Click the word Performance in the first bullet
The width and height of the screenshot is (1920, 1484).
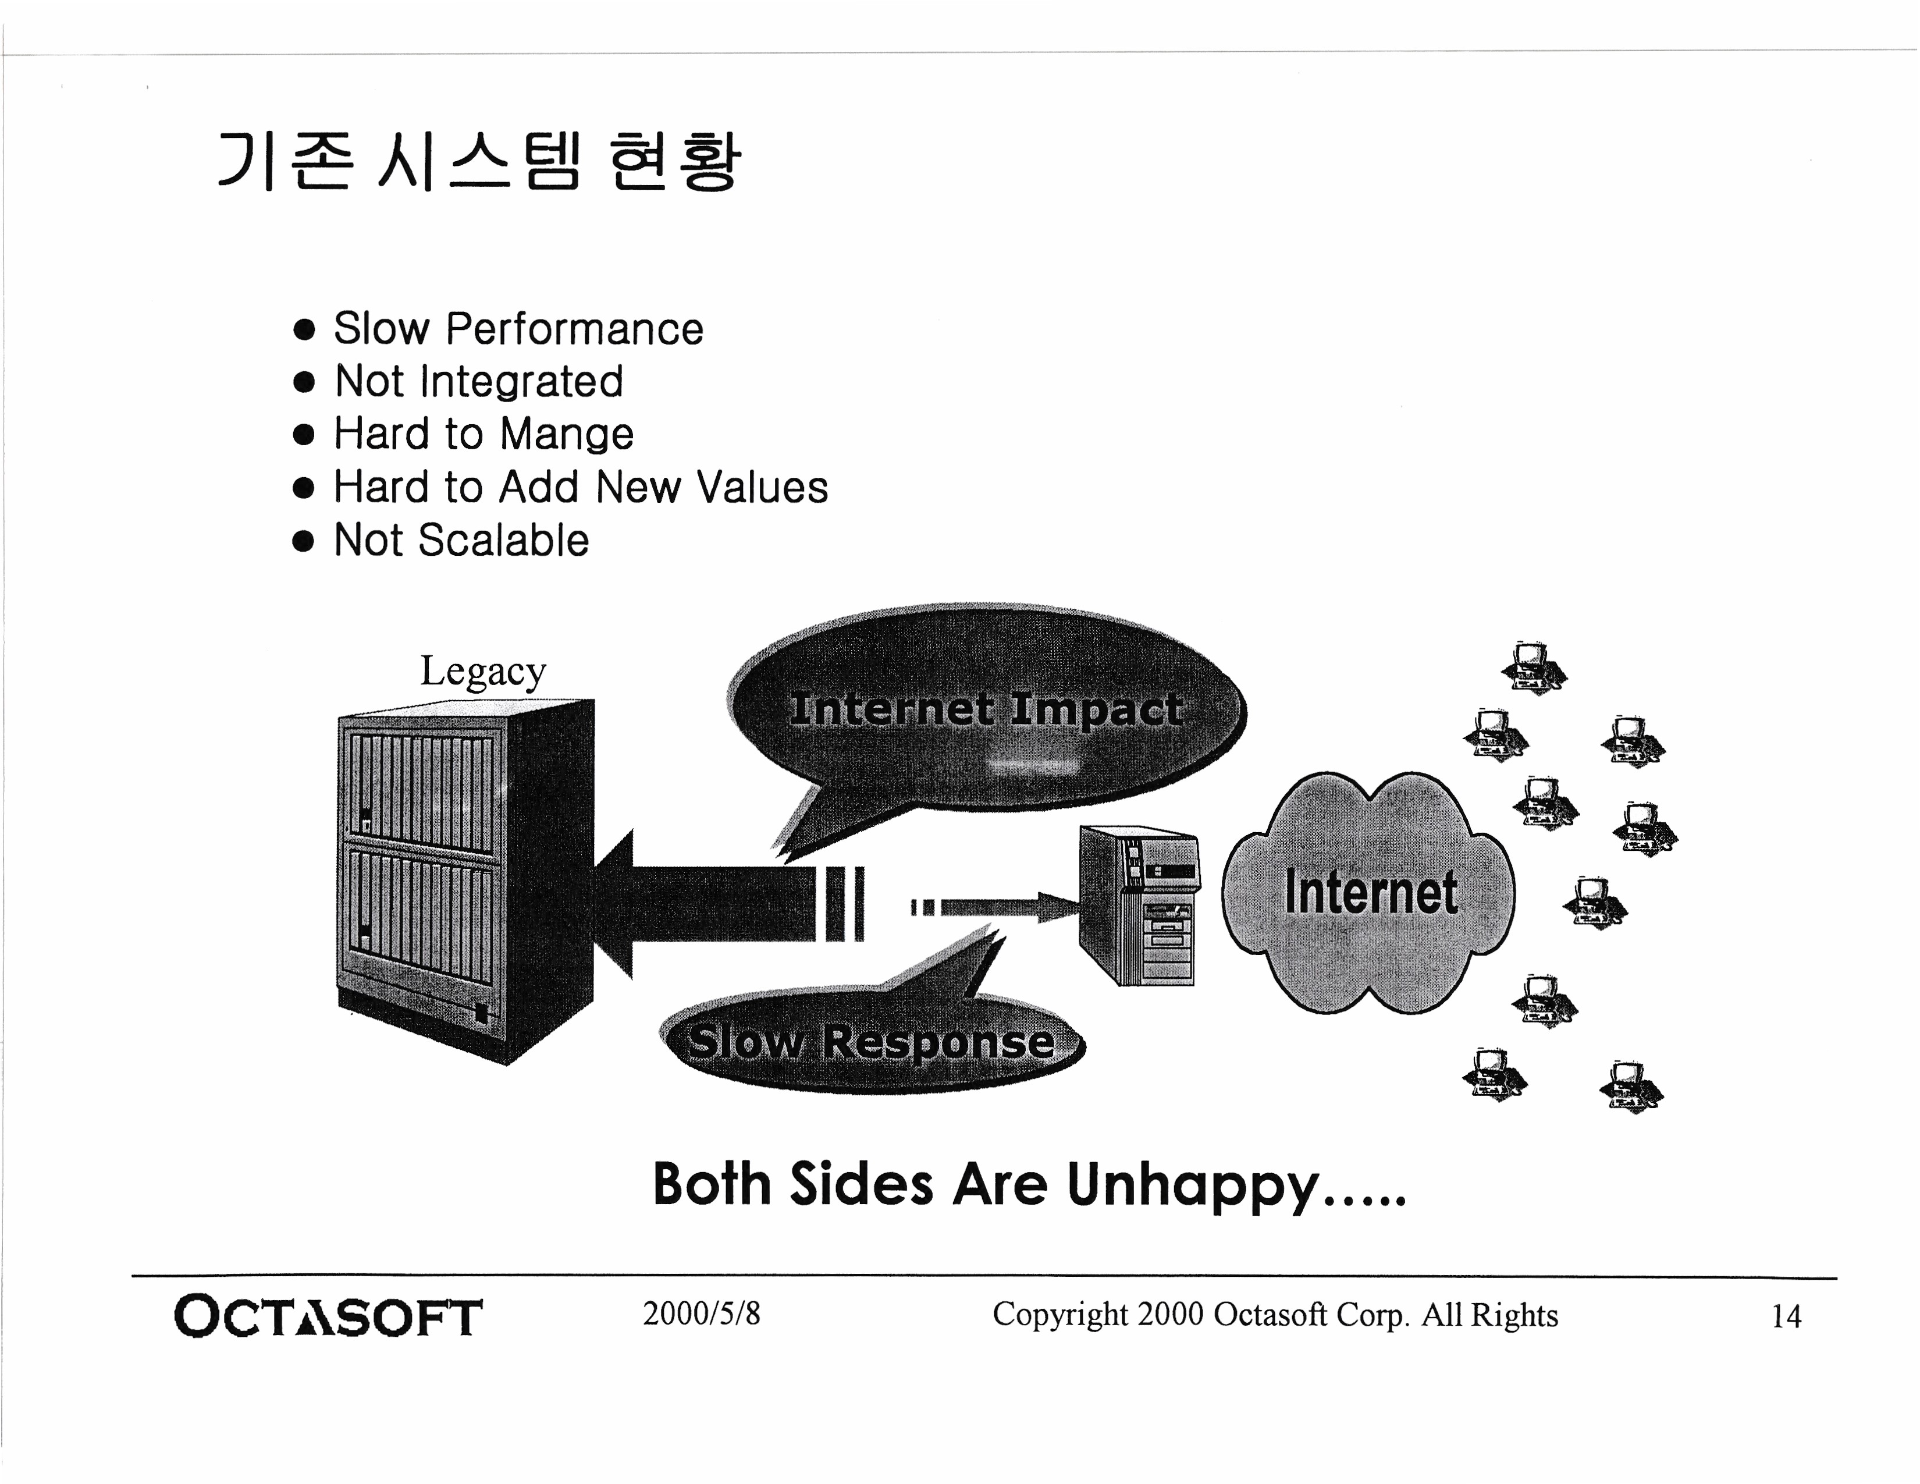[574, 329]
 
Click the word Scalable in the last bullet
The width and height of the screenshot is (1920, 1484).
[504, 540]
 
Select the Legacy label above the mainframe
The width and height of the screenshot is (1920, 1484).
[483, 671]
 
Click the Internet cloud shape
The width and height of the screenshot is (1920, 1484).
[1369, 892]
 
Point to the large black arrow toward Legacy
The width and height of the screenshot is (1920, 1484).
[712, 904]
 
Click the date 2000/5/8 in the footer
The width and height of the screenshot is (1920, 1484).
[701, 1313]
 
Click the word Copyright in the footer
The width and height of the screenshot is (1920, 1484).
[1059, 1314]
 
